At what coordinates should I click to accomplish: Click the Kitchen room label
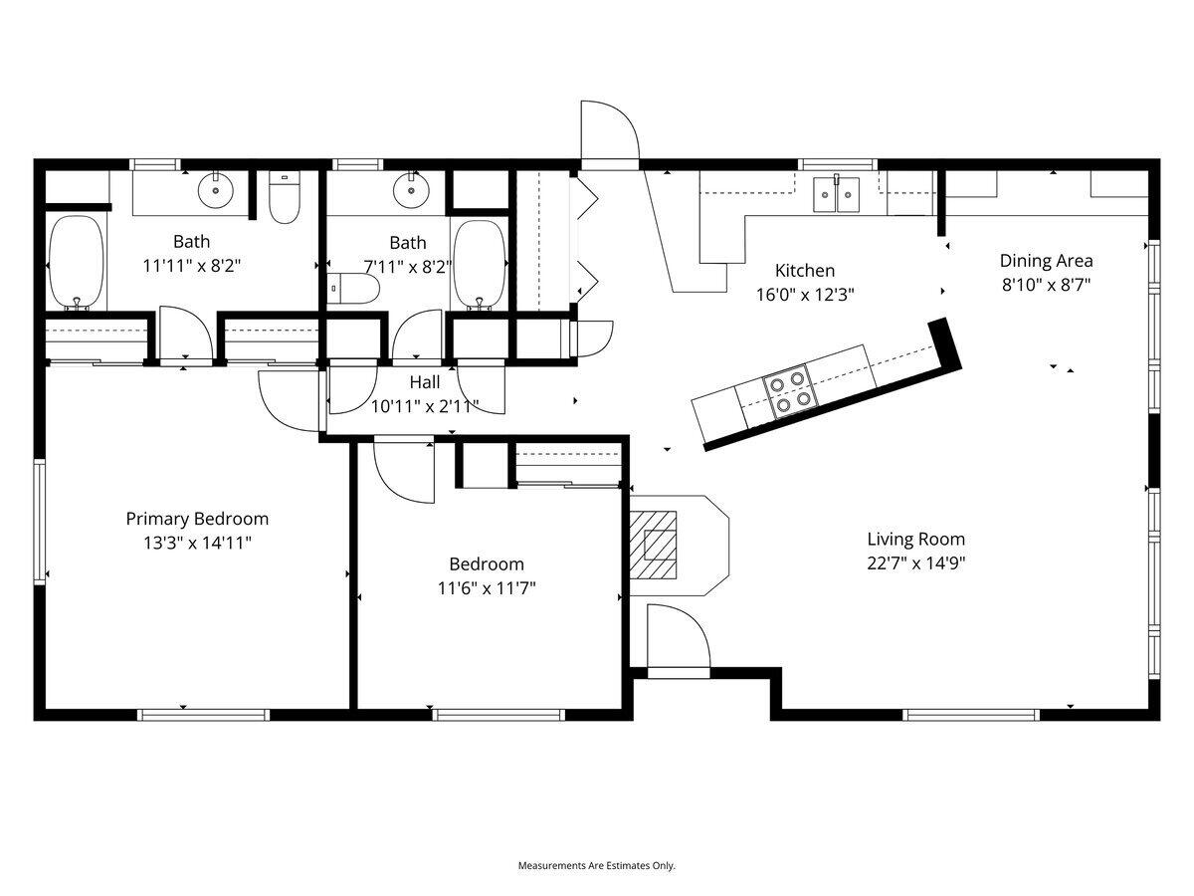805,270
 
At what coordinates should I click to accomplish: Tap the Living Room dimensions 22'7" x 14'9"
915,562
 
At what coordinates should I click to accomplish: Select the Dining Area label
1046,261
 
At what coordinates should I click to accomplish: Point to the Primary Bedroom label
197,519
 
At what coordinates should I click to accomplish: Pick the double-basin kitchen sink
836,195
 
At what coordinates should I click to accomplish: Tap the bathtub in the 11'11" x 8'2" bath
76,263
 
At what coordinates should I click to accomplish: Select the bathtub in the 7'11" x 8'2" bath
480,265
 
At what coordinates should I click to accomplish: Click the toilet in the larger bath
285,199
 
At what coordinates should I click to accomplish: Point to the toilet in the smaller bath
353,289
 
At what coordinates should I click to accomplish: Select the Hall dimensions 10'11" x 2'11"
425,406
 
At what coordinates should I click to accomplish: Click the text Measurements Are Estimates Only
596,866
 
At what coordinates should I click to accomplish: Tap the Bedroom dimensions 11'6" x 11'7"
487,588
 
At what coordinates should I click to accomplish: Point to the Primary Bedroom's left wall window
41,520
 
